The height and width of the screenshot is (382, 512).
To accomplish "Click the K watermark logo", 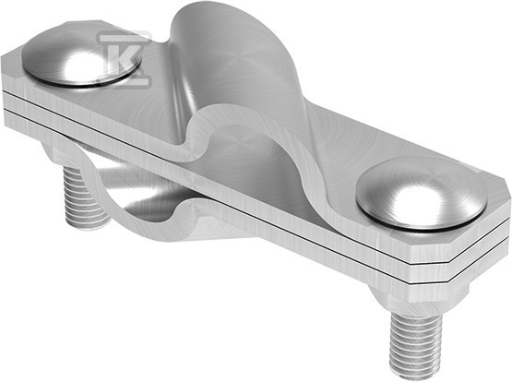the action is (x=125, y=59).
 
